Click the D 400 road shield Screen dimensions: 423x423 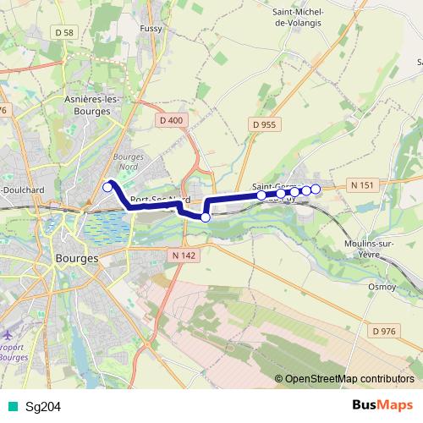[170, 120]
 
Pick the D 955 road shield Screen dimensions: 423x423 [264, 124]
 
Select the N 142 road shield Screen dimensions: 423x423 [182, 255]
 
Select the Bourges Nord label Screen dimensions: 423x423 [129, 162]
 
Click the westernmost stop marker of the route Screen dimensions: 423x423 [107, 187]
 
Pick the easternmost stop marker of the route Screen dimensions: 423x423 [316, 189]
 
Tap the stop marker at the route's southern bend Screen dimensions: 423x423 [205, 217]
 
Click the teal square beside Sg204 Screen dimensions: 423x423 [11, 407]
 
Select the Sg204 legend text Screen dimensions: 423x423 [42, 407]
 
